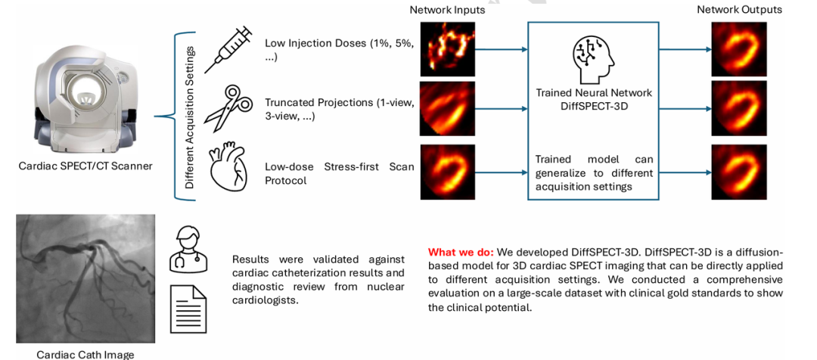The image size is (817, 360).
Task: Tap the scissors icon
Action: pyautogui.click(x=228, y=107)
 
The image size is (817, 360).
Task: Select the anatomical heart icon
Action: pyautogui.click(x=228, y=168)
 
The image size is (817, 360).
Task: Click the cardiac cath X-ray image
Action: pyautogui.click(x=85, y=278)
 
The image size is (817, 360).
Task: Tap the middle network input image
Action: pyautogui.click(x=447, y=108)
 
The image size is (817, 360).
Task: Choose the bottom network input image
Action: pyautogui.click(x=447, y=172)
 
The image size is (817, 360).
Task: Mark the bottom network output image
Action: pyautogui.click(x=738, y=172)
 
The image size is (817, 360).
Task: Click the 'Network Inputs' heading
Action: pyautogui.click(x=447, y=10)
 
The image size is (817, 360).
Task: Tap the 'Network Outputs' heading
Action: pyautogui.click(x=739, y=10)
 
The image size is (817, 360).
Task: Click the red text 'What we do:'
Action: pyautogui.click(x=461, y=252)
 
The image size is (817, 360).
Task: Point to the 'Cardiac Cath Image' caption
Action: pyautogui.click(x=85, y=354)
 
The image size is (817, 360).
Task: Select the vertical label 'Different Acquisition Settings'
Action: pyautogui.click(x=190, y=117)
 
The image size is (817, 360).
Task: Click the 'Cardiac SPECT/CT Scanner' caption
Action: pyautogui.click(x=85, y=166)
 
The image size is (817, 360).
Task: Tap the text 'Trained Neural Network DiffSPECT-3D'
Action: pyautogui.click(x=594, y=99)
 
